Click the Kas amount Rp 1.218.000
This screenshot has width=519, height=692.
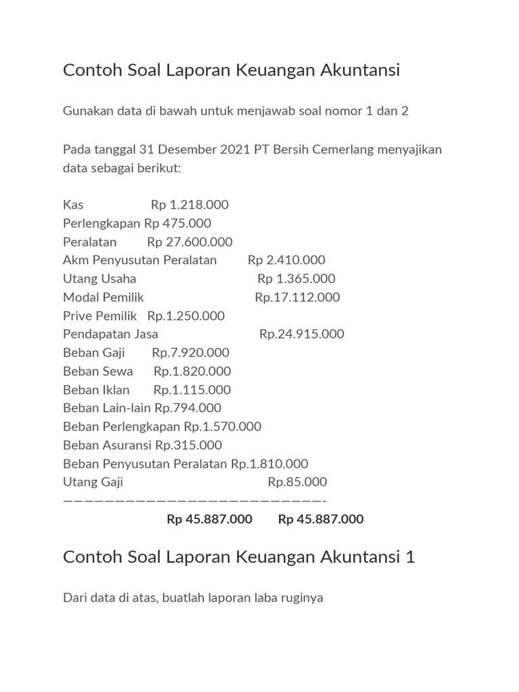tap(190, 205)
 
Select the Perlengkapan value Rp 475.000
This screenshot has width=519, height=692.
tap(178, 223)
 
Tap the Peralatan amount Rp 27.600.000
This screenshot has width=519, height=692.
tap(190, 242)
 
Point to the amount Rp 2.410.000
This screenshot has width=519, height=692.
tap(287, 260)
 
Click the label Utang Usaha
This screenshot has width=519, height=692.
tap(99, 278)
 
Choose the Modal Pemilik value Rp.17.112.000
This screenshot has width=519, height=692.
tap(297, 297)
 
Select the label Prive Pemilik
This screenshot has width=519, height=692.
tap(99, 316)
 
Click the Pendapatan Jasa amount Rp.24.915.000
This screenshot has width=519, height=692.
tap(301, 334)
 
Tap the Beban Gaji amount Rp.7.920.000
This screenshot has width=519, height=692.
tap(191, 352)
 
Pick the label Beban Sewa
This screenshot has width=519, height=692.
tap(98, 371)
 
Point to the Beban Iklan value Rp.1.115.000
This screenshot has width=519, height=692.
tap(192, 390)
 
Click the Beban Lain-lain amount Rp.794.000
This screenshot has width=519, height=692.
tap(188, 408)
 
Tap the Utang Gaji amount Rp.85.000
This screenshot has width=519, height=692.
tap(297, 482)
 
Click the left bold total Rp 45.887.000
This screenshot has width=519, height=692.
tap(209, 519)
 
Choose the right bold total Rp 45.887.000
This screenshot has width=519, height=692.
tap(321, 519)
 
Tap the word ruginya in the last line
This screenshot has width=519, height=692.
tap(300, 598)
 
